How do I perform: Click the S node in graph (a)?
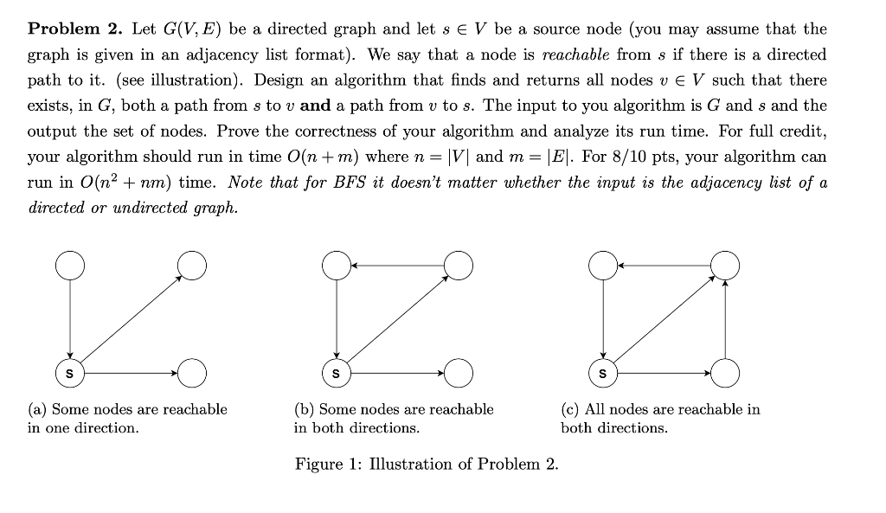pyautogui.click(x=70, y=374)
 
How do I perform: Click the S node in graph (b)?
pyautogui.click(x=337, y=374)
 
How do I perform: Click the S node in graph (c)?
pyautogui.click(x=604, y=374)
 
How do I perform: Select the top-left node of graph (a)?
pyautogui.click(x=70, y=265)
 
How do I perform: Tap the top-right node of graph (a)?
pyautogui.click(x=193, y=265)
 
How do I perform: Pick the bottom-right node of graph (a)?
pyautogui.click(x=193, y=374)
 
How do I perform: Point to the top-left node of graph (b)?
pyautogui.click(x=337, y=265)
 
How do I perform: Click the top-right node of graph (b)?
pyautogui.click(x=459, y=265)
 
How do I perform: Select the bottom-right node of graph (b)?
pyautogui.click(x=459, y=374)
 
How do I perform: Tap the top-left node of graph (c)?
pyautogui.click(x=604, y=265)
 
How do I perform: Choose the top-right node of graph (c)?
pyautogui.click(x=726, y=265)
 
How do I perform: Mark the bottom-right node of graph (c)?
pyautogui.click(x=726, y=374)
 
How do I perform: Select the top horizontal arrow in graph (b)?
pyautogui.click(x=398, y=265)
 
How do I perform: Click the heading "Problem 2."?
pyautogui.click(x=76, y=29)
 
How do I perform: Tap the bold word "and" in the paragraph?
pyautogui.click(x=315, y=106)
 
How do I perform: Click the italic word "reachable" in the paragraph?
pyautogui.click(x=568, y=55)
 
